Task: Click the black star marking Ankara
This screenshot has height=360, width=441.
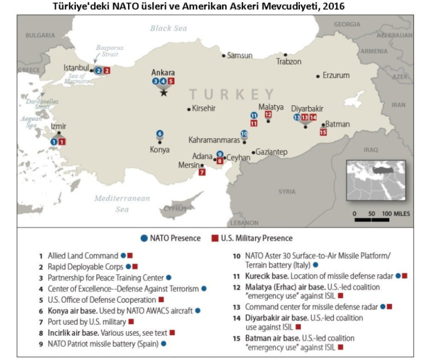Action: (x=164, y=92)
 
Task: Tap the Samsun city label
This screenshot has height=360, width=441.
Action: (x=240, y=55)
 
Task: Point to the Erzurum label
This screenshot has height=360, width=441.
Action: (x=336, y=75)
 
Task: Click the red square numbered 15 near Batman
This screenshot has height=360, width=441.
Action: (x=323, y=132)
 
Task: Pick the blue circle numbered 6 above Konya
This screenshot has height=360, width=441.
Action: (x=160, y=134)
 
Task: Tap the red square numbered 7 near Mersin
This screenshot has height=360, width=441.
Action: (x=202, y=173)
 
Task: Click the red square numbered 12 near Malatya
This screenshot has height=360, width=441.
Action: (x=268, y=115)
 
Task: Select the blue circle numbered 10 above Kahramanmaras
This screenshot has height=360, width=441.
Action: (x=244, y=134)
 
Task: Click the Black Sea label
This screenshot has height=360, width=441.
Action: (x=168, y=28)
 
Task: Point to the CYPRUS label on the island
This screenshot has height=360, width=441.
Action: (x=175, y=208)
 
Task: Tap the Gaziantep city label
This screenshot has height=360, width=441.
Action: (x=272, y=152)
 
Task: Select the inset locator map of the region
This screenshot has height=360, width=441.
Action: (x=378, y=180)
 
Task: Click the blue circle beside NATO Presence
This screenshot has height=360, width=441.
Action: (x=144, y=238)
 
